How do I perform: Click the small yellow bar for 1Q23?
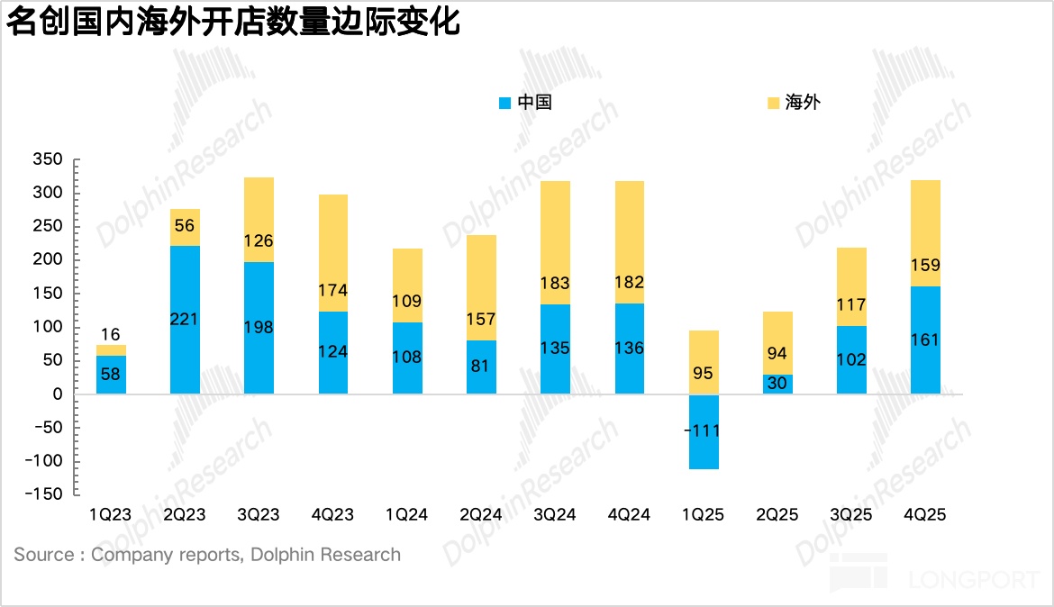pos(111,349)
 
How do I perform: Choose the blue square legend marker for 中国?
pos(504,103)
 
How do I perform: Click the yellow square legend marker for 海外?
pos(773,103)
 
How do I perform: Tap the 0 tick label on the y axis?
pos(58,394)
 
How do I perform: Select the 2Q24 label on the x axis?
pos(480,515)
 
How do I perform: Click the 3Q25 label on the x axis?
pos(850,515)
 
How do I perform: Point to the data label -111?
pos(703,431)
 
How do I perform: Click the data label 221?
pos(185,319)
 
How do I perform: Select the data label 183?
pos(555,283)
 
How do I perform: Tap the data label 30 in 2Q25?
pos(777,382)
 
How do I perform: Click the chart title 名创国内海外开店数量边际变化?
pos(233,23)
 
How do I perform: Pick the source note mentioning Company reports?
pos(207,555)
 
